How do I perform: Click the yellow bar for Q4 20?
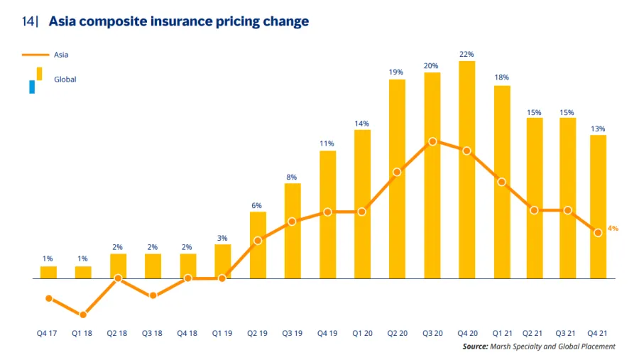[466, 170]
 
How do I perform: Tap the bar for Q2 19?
[258, 245]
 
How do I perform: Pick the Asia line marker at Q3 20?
[432, 141]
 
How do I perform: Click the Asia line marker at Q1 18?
[83, 315]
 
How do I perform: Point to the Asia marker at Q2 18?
[119, 278]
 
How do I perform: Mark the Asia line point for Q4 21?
[599, 232]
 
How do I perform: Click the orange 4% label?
[613, 229]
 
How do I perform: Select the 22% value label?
[466, 54]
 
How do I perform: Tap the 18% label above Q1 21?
[501, 77]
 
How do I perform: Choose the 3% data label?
[222, 238]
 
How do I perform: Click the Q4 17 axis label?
[48, 332]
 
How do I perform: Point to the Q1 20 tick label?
[362, 332]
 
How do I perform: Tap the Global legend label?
[65, 80]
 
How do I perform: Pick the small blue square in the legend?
[32, 87]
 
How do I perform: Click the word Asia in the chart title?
[64, 21]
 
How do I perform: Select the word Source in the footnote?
[474, 347]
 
